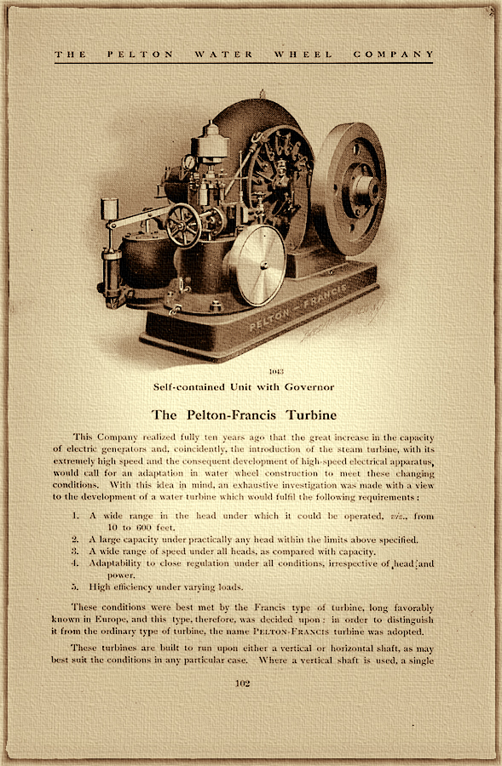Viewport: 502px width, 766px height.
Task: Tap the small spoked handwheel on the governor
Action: (x=183, y=225)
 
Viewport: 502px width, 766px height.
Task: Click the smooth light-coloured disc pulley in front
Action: (x=257, y=265)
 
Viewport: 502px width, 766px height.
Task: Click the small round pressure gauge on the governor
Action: (x=188, y=162)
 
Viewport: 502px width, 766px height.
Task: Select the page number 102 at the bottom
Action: (x=251, y=683)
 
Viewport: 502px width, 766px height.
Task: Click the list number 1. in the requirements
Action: (x=77, y=516)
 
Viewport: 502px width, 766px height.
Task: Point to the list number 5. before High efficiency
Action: (x=77, y=586)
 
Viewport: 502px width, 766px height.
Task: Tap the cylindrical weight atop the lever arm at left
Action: (x=108, y=209)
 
